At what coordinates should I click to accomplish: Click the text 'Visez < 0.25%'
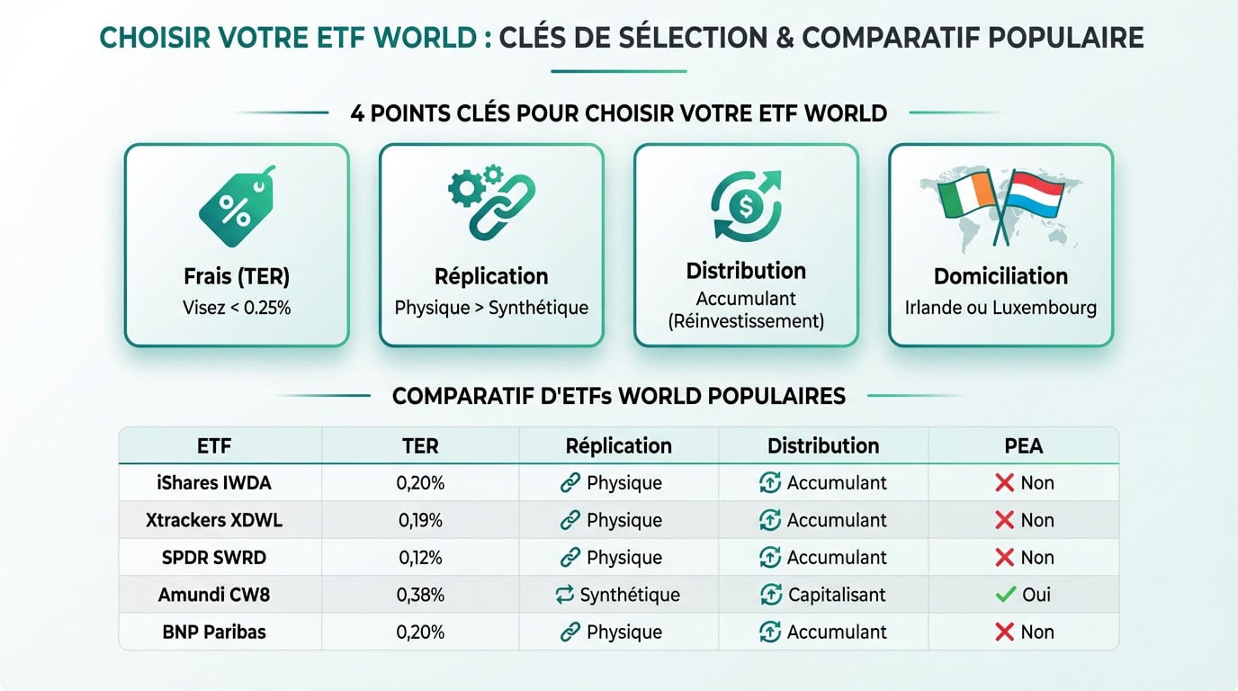point(237,308)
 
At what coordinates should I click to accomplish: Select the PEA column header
point(1023,446)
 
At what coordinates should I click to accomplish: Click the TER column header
point(420,446)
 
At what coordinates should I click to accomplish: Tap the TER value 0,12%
point(420,558)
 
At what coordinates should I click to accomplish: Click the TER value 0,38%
point(420,595)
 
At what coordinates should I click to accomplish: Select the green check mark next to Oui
point(1005,595)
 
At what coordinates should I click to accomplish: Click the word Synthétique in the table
point(630,595)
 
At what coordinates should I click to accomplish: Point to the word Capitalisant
point(837,595)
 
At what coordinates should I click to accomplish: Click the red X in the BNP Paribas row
point(1004,633)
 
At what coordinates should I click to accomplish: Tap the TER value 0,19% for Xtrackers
point(420,520)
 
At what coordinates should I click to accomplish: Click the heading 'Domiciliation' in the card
point(1000,276)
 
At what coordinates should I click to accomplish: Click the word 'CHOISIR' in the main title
point(152,38)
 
